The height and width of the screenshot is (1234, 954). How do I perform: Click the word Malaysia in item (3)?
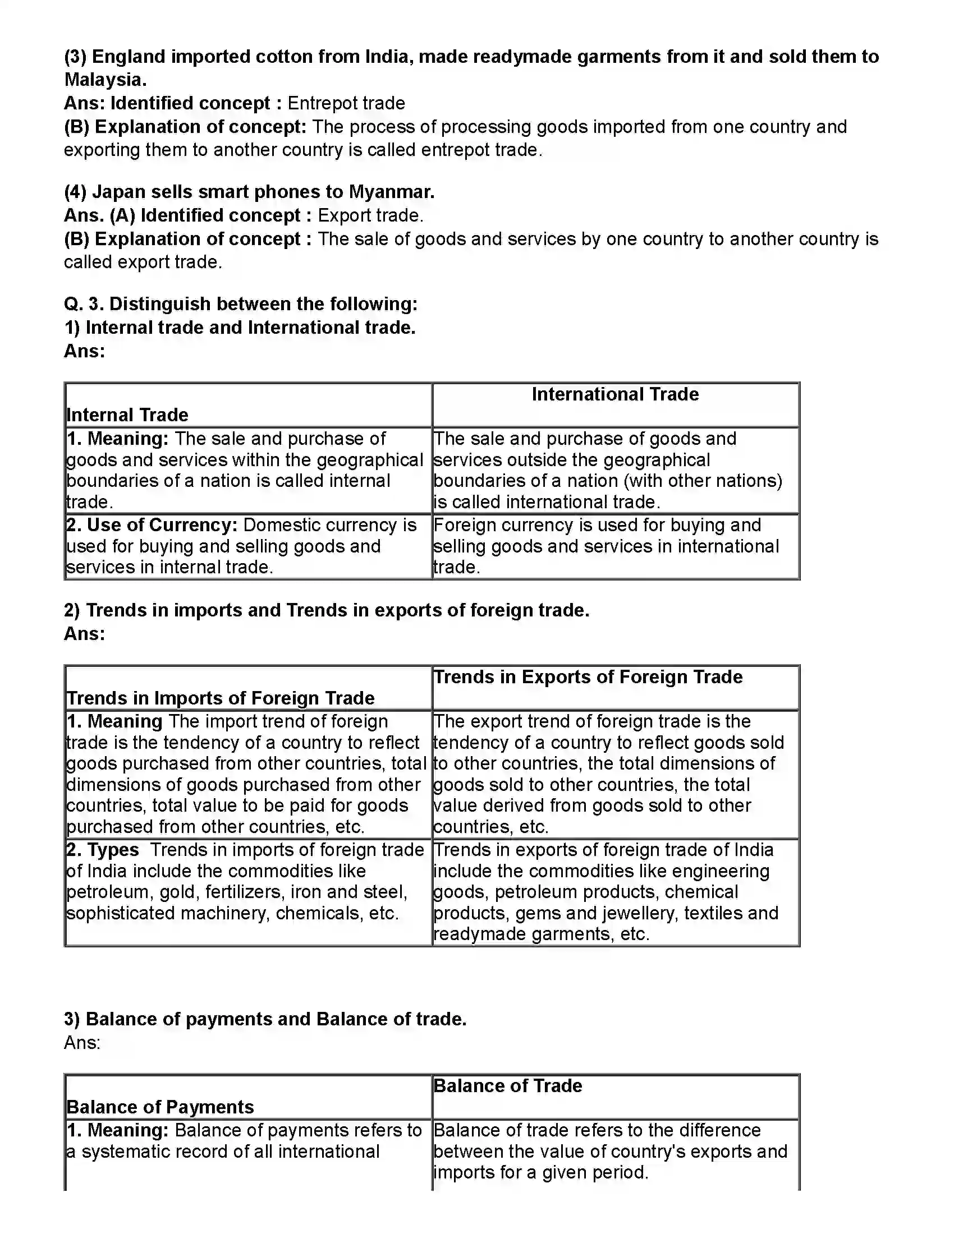coord(104,80)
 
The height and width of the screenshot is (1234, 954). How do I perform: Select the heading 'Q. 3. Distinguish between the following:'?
coord(240,304)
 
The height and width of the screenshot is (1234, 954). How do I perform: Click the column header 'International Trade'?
coord(615,394)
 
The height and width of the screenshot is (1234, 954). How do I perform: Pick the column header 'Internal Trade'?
coord(127,415)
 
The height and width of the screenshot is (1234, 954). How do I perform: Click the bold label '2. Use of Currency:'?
coord(152,526)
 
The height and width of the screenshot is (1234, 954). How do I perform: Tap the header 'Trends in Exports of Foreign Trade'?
coord(588,677)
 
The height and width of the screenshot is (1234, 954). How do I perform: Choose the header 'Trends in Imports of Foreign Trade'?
coord(221,698)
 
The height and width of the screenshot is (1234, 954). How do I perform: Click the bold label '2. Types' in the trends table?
coord(103,850)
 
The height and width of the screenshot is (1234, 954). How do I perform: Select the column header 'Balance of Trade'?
coord(507,1086)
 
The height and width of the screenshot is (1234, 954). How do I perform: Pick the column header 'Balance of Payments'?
coord(160,1107)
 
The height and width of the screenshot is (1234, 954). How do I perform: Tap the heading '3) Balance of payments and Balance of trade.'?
coord(265,1019)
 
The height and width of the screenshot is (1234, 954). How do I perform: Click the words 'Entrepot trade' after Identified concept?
coord(346,103)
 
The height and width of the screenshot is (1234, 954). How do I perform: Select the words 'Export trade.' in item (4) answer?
coord(370,216)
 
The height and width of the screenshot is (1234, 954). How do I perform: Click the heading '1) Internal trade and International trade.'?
coord(240,328)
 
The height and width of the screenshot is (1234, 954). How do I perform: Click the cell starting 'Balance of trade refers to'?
coord(611,1152)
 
